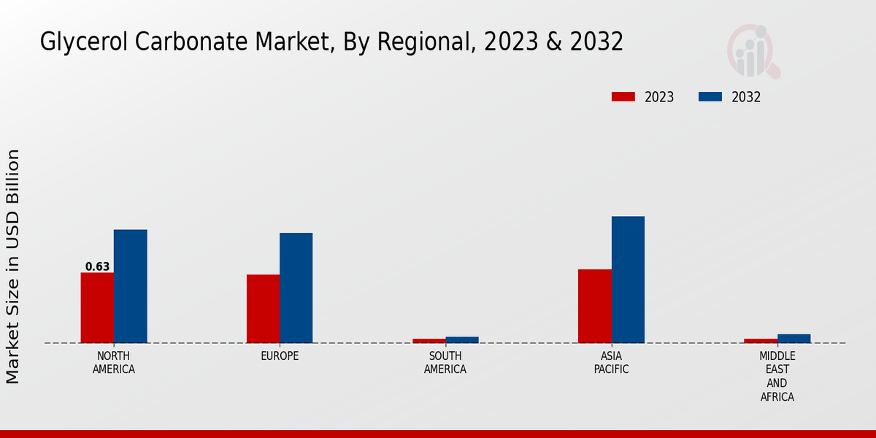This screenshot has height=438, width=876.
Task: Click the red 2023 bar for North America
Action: tap(97, 307)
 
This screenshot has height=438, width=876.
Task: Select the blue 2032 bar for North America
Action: tap(130, 286)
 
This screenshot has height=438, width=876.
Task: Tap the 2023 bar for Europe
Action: tap(263, 309)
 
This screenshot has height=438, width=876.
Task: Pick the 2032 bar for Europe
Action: tap(296, 288)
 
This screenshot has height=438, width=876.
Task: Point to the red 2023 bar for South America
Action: tap(429, 340)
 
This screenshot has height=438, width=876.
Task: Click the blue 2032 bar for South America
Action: tap(462, 339)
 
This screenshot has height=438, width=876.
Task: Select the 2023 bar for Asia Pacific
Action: tap(594, 306)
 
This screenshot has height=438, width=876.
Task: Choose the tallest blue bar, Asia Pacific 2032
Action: tap(628, 280)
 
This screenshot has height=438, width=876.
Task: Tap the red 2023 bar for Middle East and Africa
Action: tap(760, 340)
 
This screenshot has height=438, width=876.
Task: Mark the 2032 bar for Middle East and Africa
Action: tap(794, 338)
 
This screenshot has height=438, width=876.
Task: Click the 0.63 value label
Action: tap(97, 266)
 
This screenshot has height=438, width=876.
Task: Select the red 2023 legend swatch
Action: tap(623, 97)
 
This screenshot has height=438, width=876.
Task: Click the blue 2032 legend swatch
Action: tap(710, 97)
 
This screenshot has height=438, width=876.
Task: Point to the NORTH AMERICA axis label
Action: tap(114, 362)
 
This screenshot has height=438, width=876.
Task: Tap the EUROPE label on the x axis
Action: tap(280, 356)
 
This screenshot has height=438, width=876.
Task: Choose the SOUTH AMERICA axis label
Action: tap(445, 362)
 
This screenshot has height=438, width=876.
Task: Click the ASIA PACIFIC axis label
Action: tap(611, 362)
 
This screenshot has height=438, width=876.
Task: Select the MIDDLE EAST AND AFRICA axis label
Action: tap(777, 376)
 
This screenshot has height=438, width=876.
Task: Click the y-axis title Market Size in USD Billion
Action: tap(13, 266)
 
